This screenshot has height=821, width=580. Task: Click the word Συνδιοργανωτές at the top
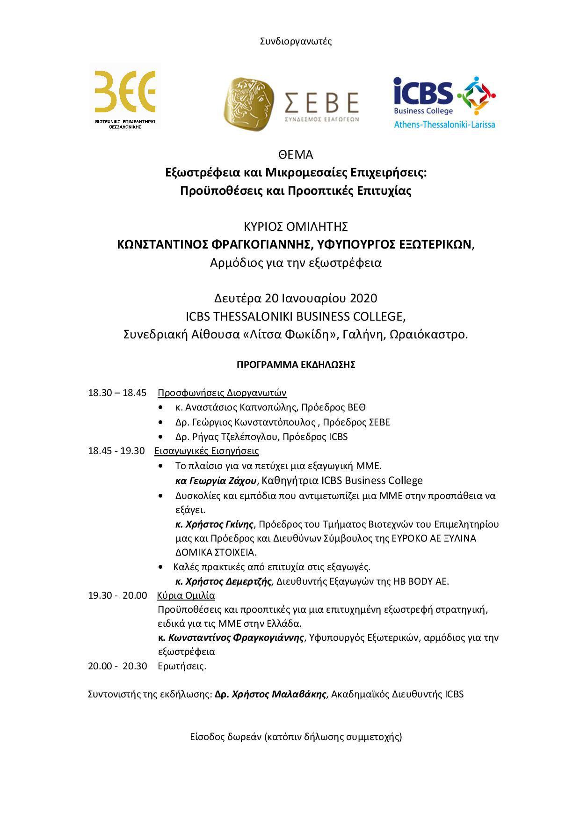[x=296, y=41]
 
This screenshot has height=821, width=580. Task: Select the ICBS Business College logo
[x=444, y=102]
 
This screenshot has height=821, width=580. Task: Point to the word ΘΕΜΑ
[x=295, y=154]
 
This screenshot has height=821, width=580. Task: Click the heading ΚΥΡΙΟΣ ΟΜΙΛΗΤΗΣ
[x=296, y=227]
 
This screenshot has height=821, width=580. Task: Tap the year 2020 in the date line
[x=363, y=298]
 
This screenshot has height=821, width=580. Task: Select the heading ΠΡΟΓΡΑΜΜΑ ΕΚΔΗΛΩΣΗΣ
[x=296, y=365]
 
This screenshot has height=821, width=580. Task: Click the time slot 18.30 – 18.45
[x=117, y=393]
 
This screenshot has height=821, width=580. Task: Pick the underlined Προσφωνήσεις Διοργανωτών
[x=222, y=393]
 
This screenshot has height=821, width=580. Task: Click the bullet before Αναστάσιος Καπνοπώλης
[x=161, y=408]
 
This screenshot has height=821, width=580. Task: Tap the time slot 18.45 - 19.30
[x=116, y=451]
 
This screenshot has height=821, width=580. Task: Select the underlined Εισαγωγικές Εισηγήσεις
[x=206, y=451]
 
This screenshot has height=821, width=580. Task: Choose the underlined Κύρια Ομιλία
[x=186, y=595]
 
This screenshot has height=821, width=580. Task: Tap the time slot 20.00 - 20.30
[x=117, y=666]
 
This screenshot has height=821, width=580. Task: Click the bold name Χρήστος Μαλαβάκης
[x=270, y=694]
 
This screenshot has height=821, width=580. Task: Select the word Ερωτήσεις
[x=182, y=666]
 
